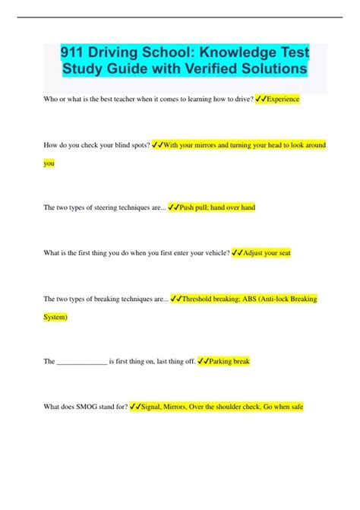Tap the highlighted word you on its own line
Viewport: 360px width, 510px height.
coord(49,163)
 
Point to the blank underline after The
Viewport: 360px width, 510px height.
coord(82,362)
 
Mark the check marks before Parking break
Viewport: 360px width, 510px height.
coord(202,362)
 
